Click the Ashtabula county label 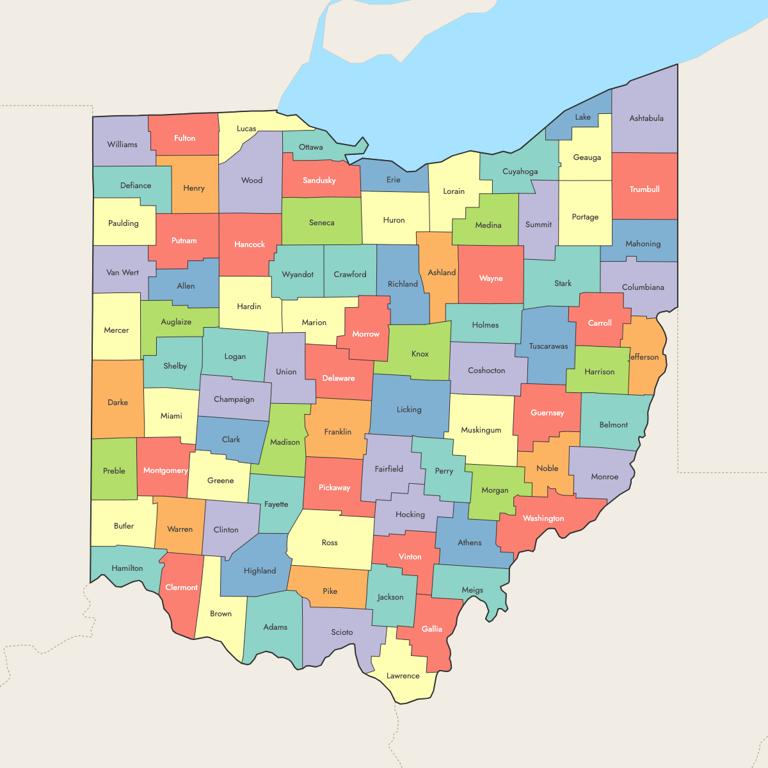(646, 118)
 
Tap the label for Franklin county (338, 432)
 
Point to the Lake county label (583, 117)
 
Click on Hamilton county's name (127, 568)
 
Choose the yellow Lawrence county (403, 678)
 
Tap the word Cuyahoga (520, 172)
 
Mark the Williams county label (122, 145)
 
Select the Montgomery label (166, 470)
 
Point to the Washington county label (543, 518)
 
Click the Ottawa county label (311, 147)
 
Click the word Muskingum (481, 430)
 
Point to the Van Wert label (122, 273)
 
